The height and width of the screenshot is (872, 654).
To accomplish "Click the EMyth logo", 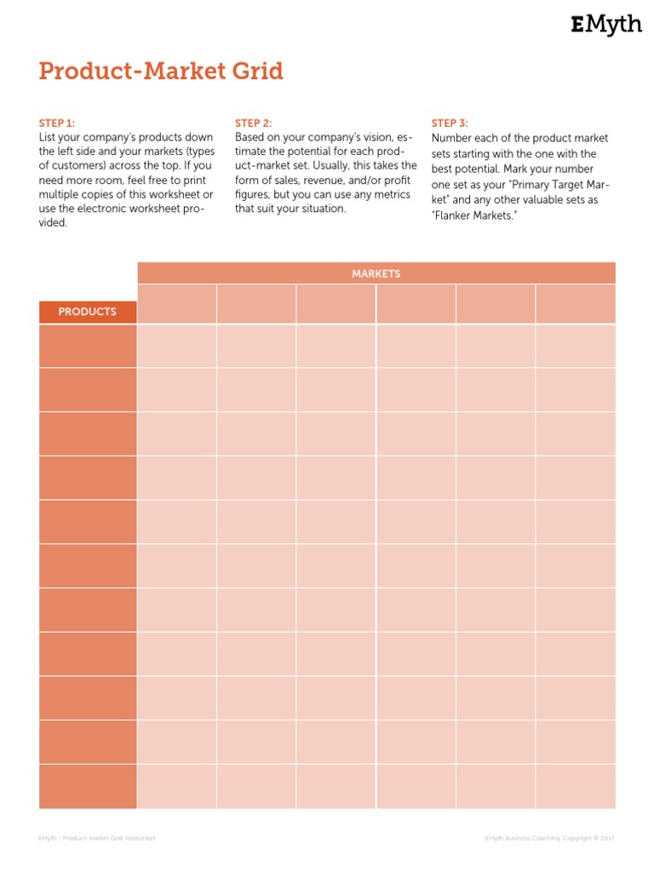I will (605, 26).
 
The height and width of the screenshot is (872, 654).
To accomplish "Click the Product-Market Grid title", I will (161, 72).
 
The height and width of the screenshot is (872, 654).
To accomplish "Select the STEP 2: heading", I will (254, 123).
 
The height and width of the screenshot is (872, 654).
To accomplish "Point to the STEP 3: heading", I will (450, 123).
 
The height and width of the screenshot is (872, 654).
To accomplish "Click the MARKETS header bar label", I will (376, 273).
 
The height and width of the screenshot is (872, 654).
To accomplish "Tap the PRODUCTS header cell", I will (87, 312).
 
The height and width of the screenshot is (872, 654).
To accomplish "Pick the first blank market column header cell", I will (176, 304).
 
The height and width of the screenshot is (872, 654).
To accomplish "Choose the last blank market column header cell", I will (575, 304).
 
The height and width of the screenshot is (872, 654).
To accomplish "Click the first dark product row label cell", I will (87, 346).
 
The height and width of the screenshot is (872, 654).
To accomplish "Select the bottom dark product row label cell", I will (87, 786).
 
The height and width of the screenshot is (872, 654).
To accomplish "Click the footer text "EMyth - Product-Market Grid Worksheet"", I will (97, 838).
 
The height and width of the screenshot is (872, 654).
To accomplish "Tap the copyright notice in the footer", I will (549, 838).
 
